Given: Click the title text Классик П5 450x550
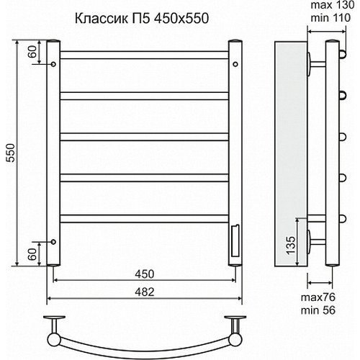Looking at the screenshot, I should click(145, 19).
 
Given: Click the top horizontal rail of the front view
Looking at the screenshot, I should click(144, 54).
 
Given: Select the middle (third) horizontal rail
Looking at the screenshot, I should click(144, 135).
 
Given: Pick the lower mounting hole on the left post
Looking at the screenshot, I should click(53, 240).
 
